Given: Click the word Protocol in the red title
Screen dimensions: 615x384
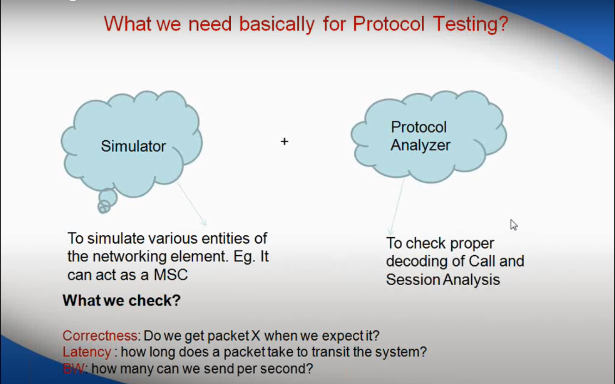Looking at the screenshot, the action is pyautogui.click(x=388, y=24).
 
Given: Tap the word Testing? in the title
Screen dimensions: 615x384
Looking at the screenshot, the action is pyautogui.click(x=471, y=24).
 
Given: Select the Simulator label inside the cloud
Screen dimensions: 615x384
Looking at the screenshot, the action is pyautogui.click(x=134, y=146).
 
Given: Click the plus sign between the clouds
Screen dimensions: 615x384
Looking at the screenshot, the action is pyautogui.click(x=284, y=141).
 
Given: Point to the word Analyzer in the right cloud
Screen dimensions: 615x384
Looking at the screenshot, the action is pyautogui.click(x=420, y=145).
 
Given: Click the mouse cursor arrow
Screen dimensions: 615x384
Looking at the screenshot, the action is pyautogui.click(x=514, y=225).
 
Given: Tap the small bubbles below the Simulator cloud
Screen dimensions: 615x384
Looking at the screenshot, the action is pyautogui.click(x=107, y=201).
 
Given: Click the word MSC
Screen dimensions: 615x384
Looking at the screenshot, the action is pyautogui.click(x=171, y=275).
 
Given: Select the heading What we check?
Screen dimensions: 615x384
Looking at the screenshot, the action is pyautogui.click(x=122, y=300).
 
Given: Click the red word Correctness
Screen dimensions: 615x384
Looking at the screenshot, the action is pyautogui.click(x=100, y=336).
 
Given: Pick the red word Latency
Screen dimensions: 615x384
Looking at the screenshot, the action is pyautogui.click(x=87, y=352).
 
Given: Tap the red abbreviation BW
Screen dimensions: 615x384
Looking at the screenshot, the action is pyautogui.click(x=74, y=369).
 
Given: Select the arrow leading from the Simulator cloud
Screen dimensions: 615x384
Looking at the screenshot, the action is pyautogui.click(x=191, y=204).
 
